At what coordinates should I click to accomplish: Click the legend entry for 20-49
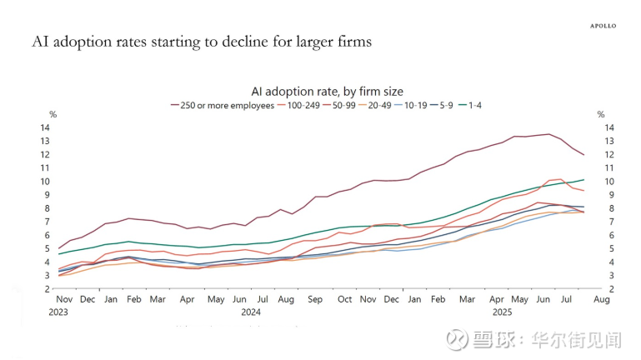point(396,106)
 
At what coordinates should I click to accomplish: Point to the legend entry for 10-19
point(438,106)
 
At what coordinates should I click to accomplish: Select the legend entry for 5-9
point(478,106)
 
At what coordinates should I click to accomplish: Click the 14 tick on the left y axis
point(47,127)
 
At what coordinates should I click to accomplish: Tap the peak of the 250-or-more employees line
point(548,133)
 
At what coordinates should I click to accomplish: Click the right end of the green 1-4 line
point(583,179)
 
